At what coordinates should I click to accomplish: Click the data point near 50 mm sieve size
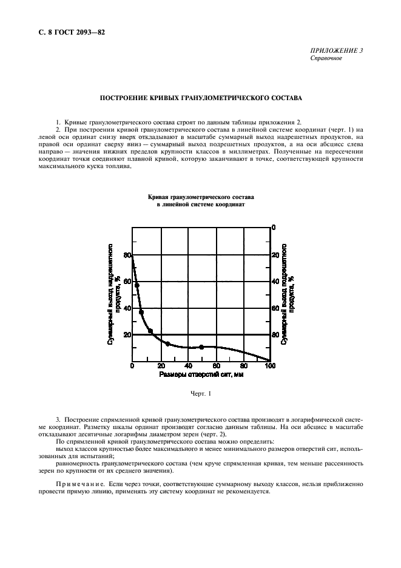point(201,347)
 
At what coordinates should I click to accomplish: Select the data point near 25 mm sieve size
point(167,344)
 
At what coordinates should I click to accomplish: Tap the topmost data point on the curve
point(137,285)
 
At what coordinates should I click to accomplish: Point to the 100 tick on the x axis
point(269,366)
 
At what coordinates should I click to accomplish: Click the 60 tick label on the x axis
point(215,366)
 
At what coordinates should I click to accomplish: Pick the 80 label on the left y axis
point(127,255)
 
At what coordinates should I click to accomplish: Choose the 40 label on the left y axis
point(127,308)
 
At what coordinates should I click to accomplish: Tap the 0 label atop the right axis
point(274,228)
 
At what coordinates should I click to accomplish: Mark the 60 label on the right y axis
point(275,308)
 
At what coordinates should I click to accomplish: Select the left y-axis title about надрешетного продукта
point(113,294)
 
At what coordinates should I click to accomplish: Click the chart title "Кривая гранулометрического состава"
point(200,198)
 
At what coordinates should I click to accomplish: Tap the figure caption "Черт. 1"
point(200,394)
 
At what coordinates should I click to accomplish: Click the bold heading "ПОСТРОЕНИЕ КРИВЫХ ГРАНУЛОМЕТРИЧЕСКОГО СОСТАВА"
point(200,97)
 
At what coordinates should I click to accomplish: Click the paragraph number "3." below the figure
point(58,419)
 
